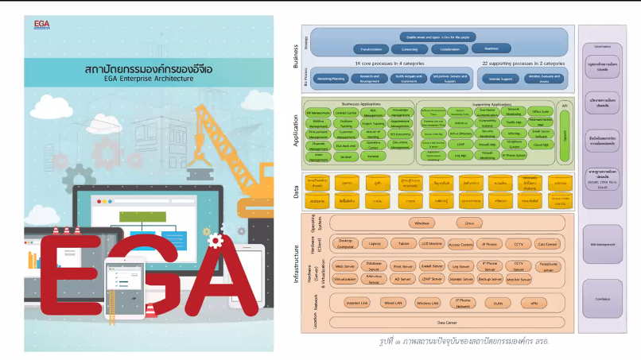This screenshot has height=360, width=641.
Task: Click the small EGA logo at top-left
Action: [x=42, y=24]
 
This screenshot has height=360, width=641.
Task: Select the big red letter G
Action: [x=139, y=269]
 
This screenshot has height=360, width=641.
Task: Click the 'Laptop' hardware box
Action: [x=375, y=243]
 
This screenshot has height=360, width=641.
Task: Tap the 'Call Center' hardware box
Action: [x=546, y=244]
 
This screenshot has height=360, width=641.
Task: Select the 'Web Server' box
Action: [x=344, y=266]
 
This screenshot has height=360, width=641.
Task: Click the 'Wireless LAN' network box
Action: [x=426, y=303]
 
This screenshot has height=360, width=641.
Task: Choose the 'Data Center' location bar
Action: [x=446, y=323]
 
